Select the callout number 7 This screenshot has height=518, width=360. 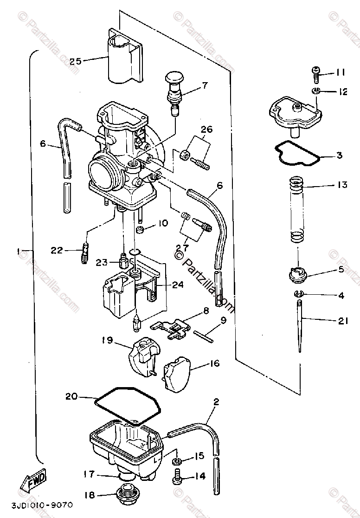pyautogui.click(x=205, y=85)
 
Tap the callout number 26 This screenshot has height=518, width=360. pyautogui.click(x=206, y=129)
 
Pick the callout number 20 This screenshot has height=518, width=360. pyautogui.click(x=71, y=396)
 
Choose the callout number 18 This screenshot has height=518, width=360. pyautogui.click(x=90, y=495)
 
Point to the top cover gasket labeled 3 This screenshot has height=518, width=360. pyautogui.click(x=297, y=154)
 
